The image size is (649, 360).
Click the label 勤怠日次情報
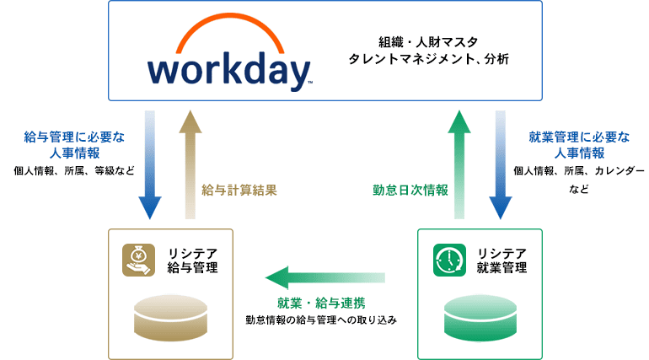[410, 191]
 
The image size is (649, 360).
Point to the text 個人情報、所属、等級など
[74, 170]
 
